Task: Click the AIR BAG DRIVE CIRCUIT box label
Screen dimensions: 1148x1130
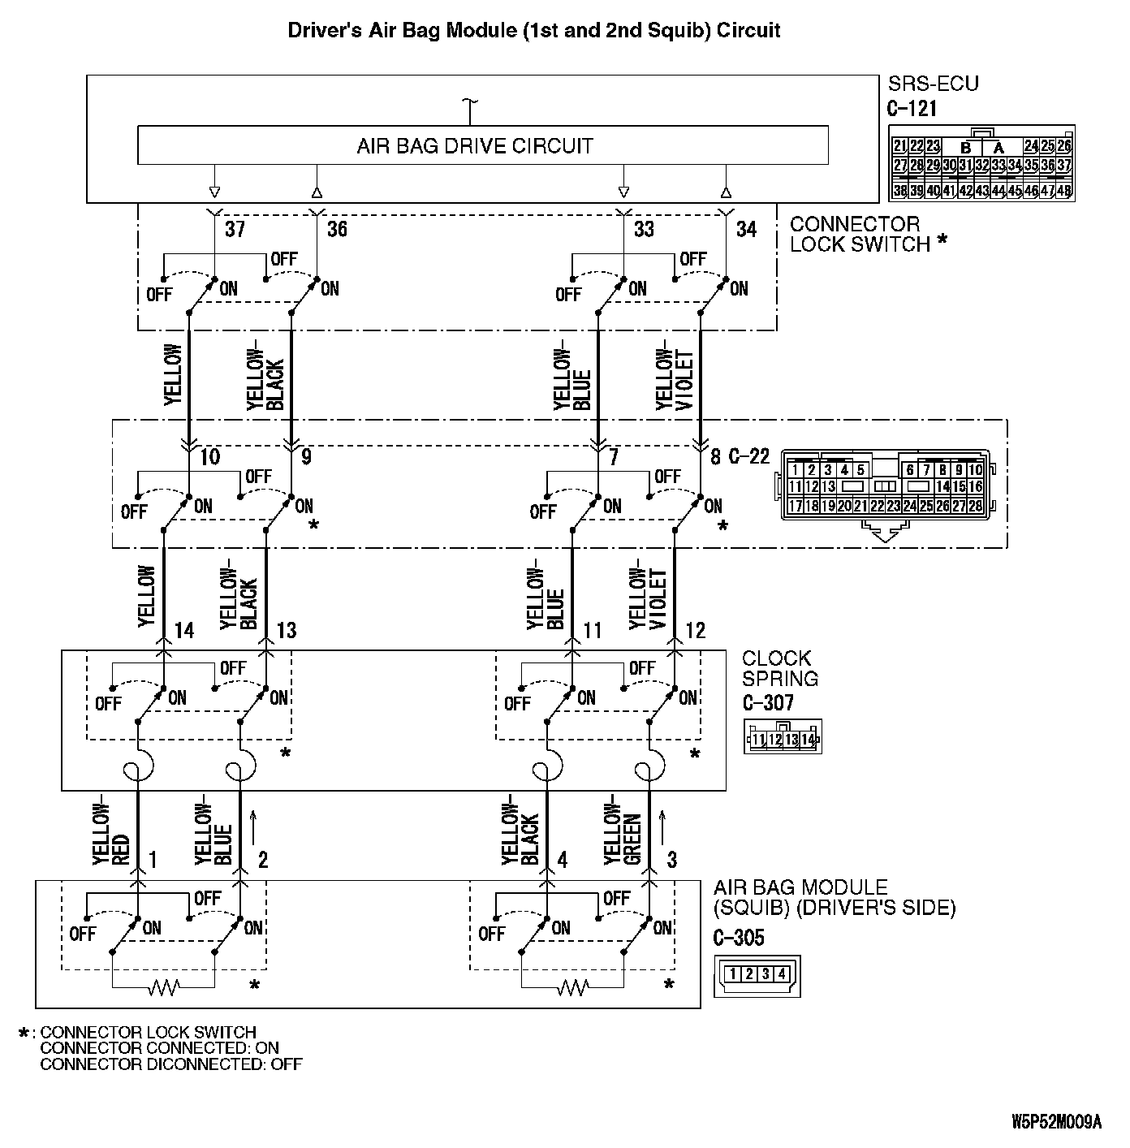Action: click(475, 146)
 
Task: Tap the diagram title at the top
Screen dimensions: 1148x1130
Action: click(534, 31)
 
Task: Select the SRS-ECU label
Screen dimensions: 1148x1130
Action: click(934, 84)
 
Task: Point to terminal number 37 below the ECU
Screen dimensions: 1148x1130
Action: click(235, 229)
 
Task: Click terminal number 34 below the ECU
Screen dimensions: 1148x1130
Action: click(746, 229)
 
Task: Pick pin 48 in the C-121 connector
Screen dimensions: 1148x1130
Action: click(1063, 191)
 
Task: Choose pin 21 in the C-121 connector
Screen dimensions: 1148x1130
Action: click(899, 146)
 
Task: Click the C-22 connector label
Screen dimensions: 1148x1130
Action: click(748, 456)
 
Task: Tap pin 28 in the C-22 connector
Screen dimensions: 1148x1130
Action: click(975, 506)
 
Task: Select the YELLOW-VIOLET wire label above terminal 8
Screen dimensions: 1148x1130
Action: click(675, 379)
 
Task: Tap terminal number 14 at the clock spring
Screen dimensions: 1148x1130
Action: click(184, 631)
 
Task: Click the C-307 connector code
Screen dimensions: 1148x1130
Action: click(768, 702)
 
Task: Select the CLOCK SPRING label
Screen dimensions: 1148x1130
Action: click(779, 668)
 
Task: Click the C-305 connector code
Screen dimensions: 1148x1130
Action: click(739, 938)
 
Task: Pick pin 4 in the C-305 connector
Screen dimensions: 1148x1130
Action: click(782, 973)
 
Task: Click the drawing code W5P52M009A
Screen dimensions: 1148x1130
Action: click(1056, 1122)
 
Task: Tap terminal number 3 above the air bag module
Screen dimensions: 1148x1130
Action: click(671, 860)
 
